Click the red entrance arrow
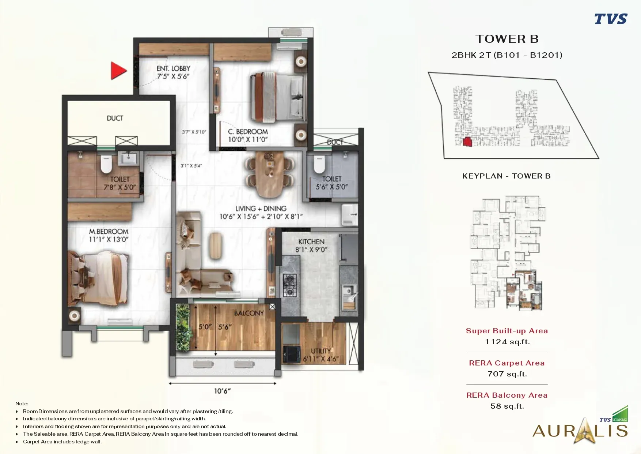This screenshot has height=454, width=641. click(x=118, y=71)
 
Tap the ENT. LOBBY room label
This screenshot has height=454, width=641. click(x=173, y=68)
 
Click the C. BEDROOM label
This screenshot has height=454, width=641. click(x=248, y=131)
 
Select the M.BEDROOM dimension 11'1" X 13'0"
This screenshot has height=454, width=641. click(x=109, y=239)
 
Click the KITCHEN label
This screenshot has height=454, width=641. click(x=311, y=241)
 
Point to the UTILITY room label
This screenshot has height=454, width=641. click(x=320, y=351)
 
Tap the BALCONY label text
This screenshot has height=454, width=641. click(x=249, y=313)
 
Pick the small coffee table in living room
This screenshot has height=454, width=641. click(x=216, y=246)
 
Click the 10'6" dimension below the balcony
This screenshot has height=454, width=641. click(x=222, y=391)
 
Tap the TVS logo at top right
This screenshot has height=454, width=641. click(x=610, y=19)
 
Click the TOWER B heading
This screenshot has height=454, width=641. click(x=507, y=39)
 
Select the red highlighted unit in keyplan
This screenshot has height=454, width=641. click(x=467, y=142)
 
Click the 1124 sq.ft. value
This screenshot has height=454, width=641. click(x=507, y=342)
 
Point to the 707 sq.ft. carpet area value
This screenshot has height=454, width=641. click(x=507, y=374)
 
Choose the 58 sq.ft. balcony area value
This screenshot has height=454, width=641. click(x=507, y=406)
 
